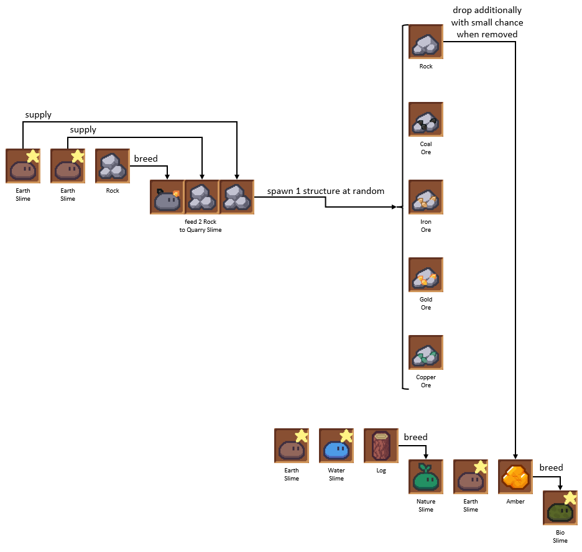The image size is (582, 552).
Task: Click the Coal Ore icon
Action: coord(426,119)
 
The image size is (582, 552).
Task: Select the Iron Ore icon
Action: coord(426,197)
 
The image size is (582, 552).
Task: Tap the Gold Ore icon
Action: coord(426,275)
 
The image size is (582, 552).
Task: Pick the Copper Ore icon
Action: coord(426,352)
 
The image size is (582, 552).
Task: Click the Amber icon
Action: coord(515,477)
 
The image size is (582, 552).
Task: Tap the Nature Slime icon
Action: coord(426,477)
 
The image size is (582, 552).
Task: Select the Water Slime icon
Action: coord(336,446)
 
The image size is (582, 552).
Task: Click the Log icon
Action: coord(381,446)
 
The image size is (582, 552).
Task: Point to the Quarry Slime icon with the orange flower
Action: coord(167,197)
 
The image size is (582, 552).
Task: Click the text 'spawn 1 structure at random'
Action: coord(326,191)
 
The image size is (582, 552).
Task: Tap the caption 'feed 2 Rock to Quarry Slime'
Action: coord(201,226)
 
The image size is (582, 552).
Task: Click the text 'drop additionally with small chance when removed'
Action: coord(487,22)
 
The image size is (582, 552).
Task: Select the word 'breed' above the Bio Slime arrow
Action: coord(551,467)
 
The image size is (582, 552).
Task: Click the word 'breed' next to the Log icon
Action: coord(415,437)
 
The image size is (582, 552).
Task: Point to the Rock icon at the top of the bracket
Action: coord(426,42)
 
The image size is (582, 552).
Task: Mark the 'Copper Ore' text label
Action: coord(426,381)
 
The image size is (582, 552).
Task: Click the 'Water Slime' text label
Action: coord(336,474)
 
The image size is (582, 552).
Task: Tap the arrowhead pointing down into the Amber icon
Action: coord(515,456)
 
